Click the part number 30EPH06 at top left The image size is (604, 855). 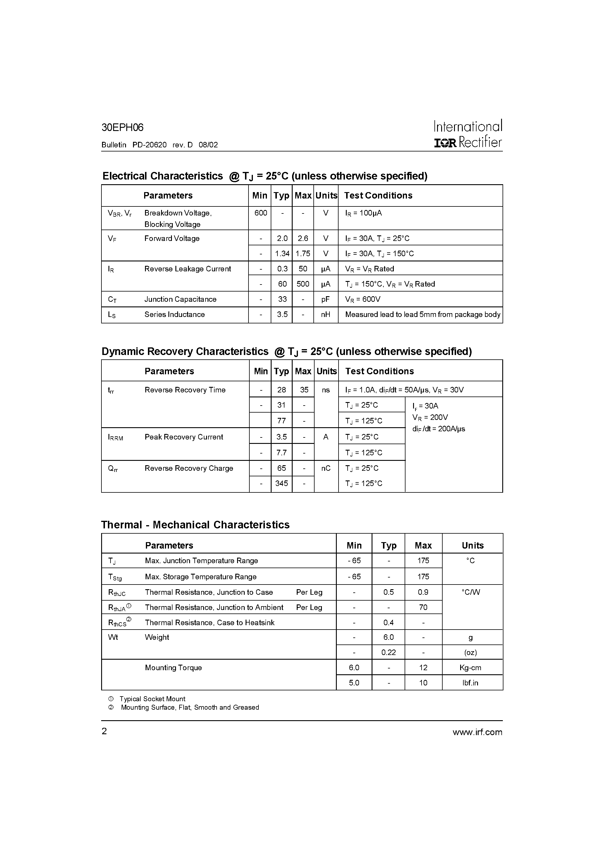pyautogui.click(x=122, y=128)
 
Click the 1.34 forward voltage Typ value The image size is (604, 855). pyautogui.click(x=282, y=254)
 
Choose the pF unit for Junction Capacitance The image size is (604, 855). pyautogui.click(x=325, y=299)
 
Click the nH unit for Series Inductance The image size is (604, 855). pyautogui.click(x=325, y=315)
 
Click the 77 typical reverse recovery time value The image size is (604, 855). pyautogui.click(x=282, y=421)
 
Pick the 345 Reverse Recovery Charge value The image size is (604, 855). pyautogui.click(x=282, y=483)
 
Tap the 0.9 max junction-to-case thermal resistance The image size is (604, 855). pyautogui.click(x=423, y=592)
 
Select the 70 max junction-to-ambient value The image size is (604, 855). pyautogui.click(x=423, y=608)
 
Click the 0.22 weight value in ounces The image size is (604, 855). pyautogui.click(x=389, y=653)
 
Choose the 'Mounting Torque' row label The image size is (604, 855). pyautogui.click(x=173, y=668)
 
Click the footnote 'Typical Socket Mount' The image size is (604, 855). pyautogui.click(x=152, y=699)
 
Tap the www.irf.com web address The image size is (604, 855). pyautogui.click(x=477, y=732)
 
